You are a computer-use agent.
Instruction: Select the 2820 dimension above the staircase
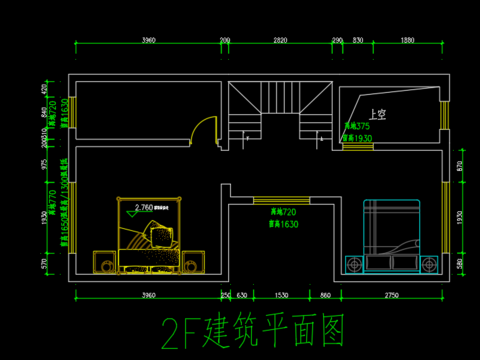click(x=280, y=39)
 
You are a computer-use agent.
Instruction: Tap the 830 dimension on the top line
click(x=357, y=39)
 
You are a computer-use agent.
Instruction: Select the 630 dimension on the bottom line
click(x=242, y=295)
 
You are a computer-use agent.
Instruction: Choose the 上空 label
click(x=377, y=114)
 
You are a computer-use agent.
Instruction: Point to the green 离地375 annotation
click(x=357, y=127)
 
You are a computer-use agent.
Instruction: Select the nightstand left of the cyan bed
click(x=353, y=264)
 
